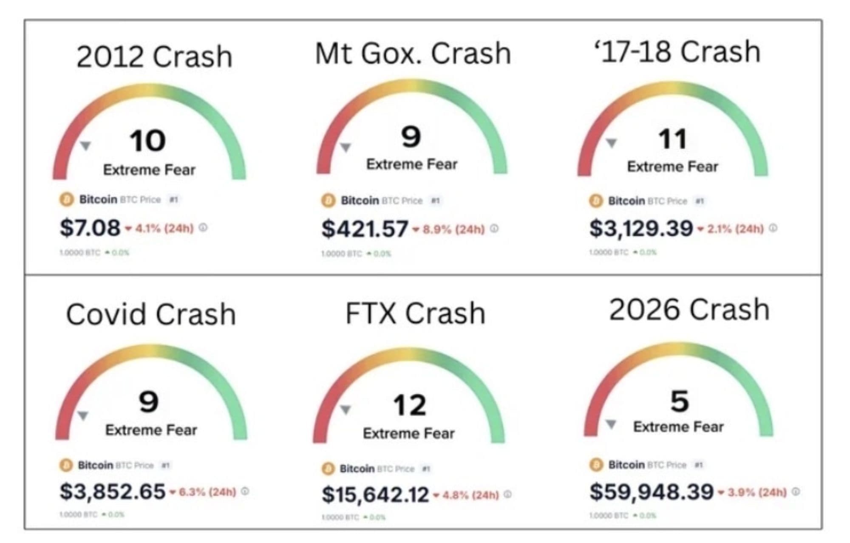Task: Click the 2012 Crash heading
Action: click(154, 57)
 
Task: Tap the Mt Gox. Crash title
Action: click(413, 54)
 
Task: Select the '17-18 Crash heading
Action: click(679, 52)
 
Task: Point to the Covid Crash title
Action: click(151, 314)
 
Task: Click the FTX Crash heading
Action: click(415, 313)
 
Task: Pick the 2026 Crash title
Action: click(689, 309)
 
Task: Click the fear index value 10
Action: click(147, 141)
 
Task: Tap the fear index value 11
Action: click(672, 139)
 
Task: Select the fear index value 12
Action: click(409, 405)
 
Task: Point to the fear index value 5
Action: click(679, 401)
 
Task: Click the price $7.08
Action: click(90, 228)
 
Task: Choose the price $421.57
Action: click(365, 229)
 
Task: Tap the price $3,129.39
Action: click(641, 228)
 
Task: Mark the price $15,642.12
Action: click(375, 495)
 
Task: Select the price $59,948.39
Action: click(651, 492)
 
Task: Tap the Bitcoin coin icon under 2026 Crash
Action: click(596, 464)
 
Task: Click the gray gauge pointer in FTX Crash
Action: click(346, 410)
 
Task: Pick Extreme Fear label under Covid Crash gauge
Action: click(151, 430)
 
